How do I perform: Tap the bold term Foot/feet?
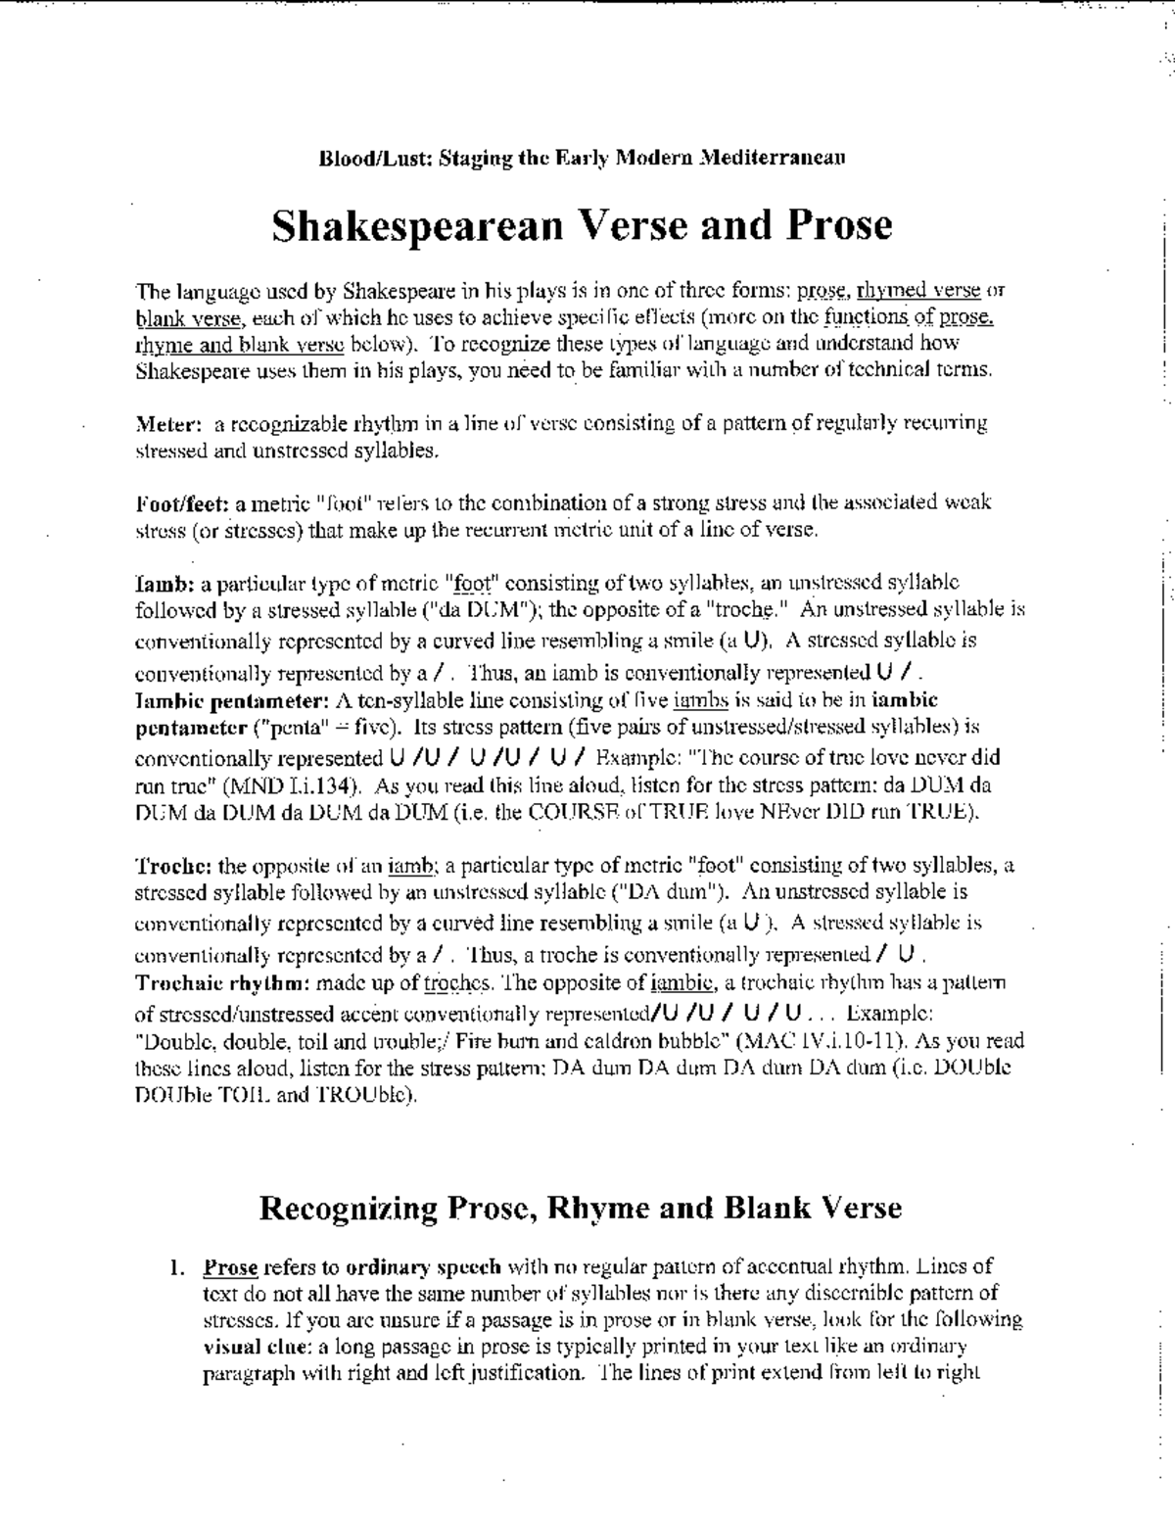click(181, 503)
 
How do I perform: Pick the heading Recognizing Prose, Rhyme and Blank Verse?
click(580, 1207)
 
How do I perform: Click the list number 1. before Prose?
click(176, 1267)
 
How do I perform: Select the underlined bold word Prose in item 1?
click(230, 1267)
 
